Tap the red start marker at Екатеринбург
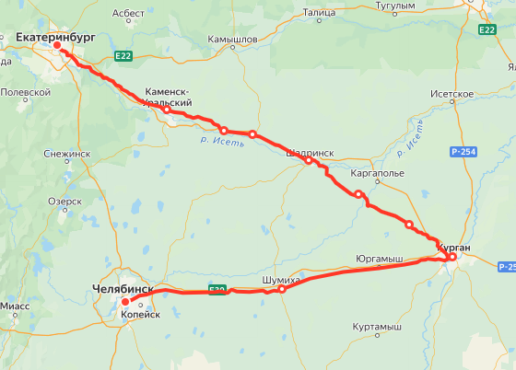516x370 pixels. [57, 45]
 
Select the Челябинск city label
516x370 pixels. [122, 290]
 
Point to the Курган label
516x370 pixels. [454, 248]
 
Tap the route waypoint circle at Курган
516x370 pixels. [452, 257]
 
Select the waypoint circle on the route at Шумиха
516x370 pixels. [282, 289]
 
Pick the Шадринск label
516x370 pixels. [311, 154]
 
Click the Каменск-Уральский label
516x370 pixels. [169, 98]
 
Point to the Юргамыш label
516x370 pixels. [379, 260]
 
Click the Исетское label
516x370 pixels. [452, 94]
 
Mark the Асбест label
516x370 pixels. [128, 14]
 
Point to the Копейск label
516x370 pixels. [141, 314]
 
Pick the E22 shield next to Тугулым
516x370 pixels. [487, 29]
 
